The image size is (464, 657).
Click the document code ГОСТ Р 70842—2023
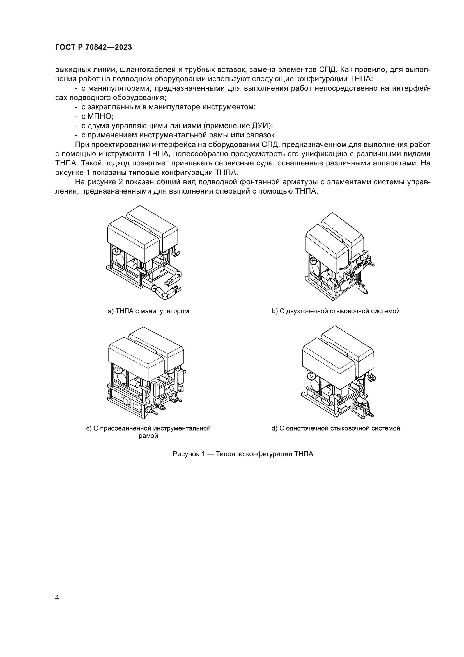pos(93,47)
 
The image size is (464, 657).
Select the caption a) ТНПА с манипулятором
pos(148,311)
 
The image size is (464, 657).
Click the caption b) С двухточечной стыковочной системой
pos(336,311)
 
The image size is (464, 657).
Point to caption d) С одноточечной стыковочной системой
pos(336,428)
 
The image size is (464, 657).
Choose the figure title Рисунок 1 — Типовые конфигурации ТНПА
pos(243,454)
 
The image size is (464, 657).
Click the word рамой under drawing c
pos(148,436)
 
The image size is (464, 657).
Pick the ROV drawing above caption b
pos(339,256)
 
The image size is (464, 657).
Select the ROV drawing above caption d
pos(338,372)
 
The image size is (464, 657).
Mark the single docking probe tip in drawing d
pos(372,415)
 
